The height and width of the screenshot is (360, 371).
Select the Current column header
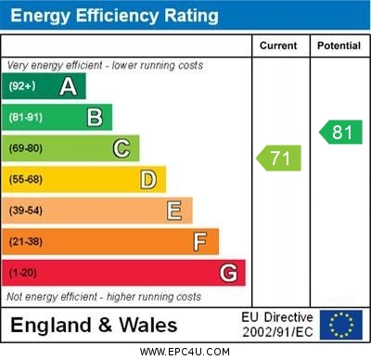tap(278, 45)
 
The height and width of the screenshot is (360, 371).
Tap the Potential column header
tap(338, 45)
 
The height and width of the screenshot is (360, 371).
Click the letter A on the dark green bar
tap(68, 86)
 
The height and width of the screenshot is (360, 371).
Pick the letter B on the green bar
tap(95, 117)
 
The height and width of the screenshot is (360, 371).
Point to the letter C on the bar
tap(122, 148)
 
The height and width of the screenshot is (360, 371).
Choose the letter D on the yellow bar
tap(148, 179)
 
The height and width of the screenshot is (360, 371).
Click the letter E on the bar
tap(174, 211)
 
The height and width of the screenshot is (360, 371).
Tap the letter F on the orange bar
tap(200, 242)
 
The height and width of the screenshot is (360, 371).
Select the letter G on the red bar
tap(228, 273)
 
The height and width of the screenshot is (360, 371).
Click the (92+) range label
tap(23, 86)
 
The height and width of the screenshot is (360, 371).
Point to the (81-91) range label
tap(26, 117)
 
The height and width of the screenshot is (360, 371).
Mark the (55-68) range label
tap(26, 179)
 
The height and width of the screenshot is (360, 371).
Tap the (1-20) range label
tap(23, 274)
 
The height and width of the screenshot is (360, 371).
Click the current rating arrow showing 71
tap(279, 159)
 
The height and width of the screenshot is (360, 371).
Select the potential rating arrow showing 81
tap(340, 133)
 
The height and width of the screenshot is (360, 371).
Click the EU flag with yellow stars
tap(340, 325)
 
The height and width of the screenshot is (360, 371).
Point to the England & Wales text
tap(94, 325)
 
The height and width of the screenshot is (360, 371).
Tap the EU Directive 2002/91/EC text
tap(277, 325)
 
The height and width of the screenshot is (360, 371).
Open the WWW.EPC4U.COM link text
tap(185, 352)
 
